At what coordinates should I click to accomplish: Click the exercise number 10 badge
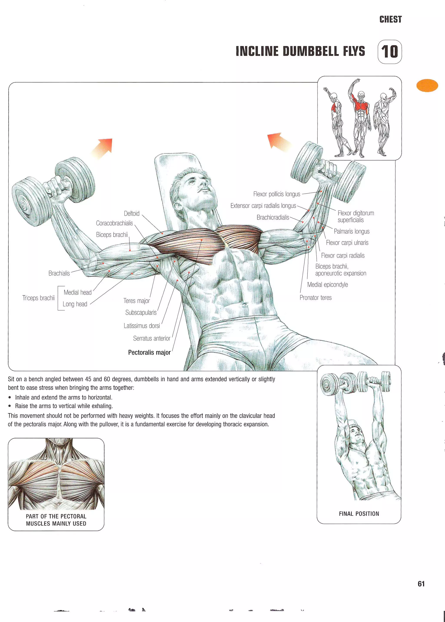389,52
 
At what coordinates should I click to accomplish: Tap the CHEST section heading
390,20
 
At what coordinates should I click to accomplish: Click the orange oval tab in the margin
427,85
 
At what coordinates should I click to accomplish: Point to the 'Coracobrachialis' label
114,223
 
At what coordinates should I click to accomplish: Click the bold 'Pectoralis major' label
149,352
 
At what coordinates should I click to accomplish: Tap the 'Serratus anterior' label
151,339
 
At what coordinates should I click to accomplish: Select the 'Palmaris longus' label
351,232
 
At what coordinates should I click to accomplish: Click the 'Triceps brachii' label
38,298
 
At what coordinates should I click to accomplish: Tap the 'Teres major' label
136,301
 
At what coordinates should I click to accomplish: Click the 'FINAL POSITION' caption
359,514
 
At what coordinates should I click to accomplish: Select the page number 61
421,584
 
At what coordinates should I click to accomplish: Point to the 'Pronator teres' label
315,298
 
